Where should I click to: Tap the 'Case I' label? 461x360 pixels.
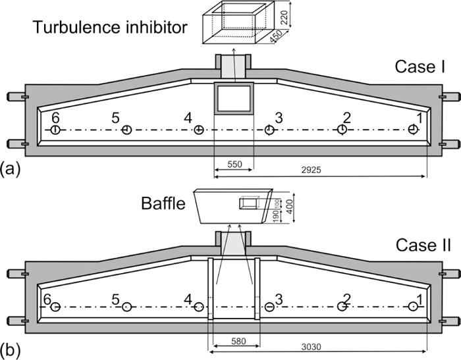coord(421,66)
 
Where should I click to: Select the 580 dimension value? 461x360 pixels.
coord(234,341)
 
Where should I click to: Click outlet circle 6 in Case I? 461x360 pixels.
coord(55,130)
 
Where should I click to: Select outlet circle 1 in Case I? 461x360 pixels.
coord(413,130)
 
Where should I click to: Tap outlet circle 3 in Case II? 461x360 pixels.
coord(269,307)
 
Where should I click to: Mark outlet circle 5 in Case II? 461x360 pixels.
coord(127,307)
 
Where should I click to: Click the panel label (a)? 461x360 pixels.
coord(11,169)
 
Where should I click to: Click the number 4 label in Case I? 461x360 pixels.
coord(188,118)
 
